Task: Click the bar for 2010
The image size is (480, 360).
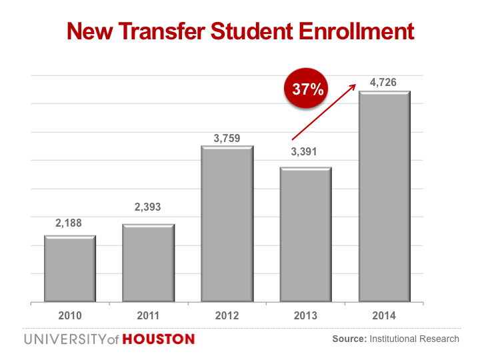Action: (x=70, y=269)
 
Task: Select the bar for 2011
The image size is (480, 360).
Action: (x=149, y=263)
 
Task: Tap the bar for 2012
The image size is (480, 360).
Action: (x=227, y=224)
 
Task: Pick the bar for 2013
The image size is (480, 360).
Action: (x=306, y=235)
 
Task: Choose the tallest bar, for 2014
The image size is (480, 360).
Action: (x=385, y=197)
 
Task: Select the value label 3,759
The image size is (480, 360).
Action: (x=227, y=139)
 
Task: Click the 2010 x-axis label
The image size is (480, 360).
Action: (x=70, y=315)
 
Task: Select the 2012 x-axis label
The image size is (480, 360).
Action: (x=227, y=315)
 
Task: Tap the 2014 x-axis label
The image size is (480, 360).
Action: (x=385, y=315)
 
